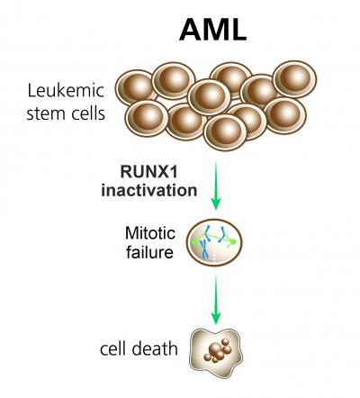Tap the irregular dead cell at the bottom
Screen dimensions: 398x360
click(x=215, y=350)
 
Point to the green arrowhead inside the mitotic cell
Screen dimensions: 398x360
click(x=232, y=241)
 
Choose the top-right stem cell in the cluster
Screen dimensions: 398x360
click(x=292, y=78)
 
